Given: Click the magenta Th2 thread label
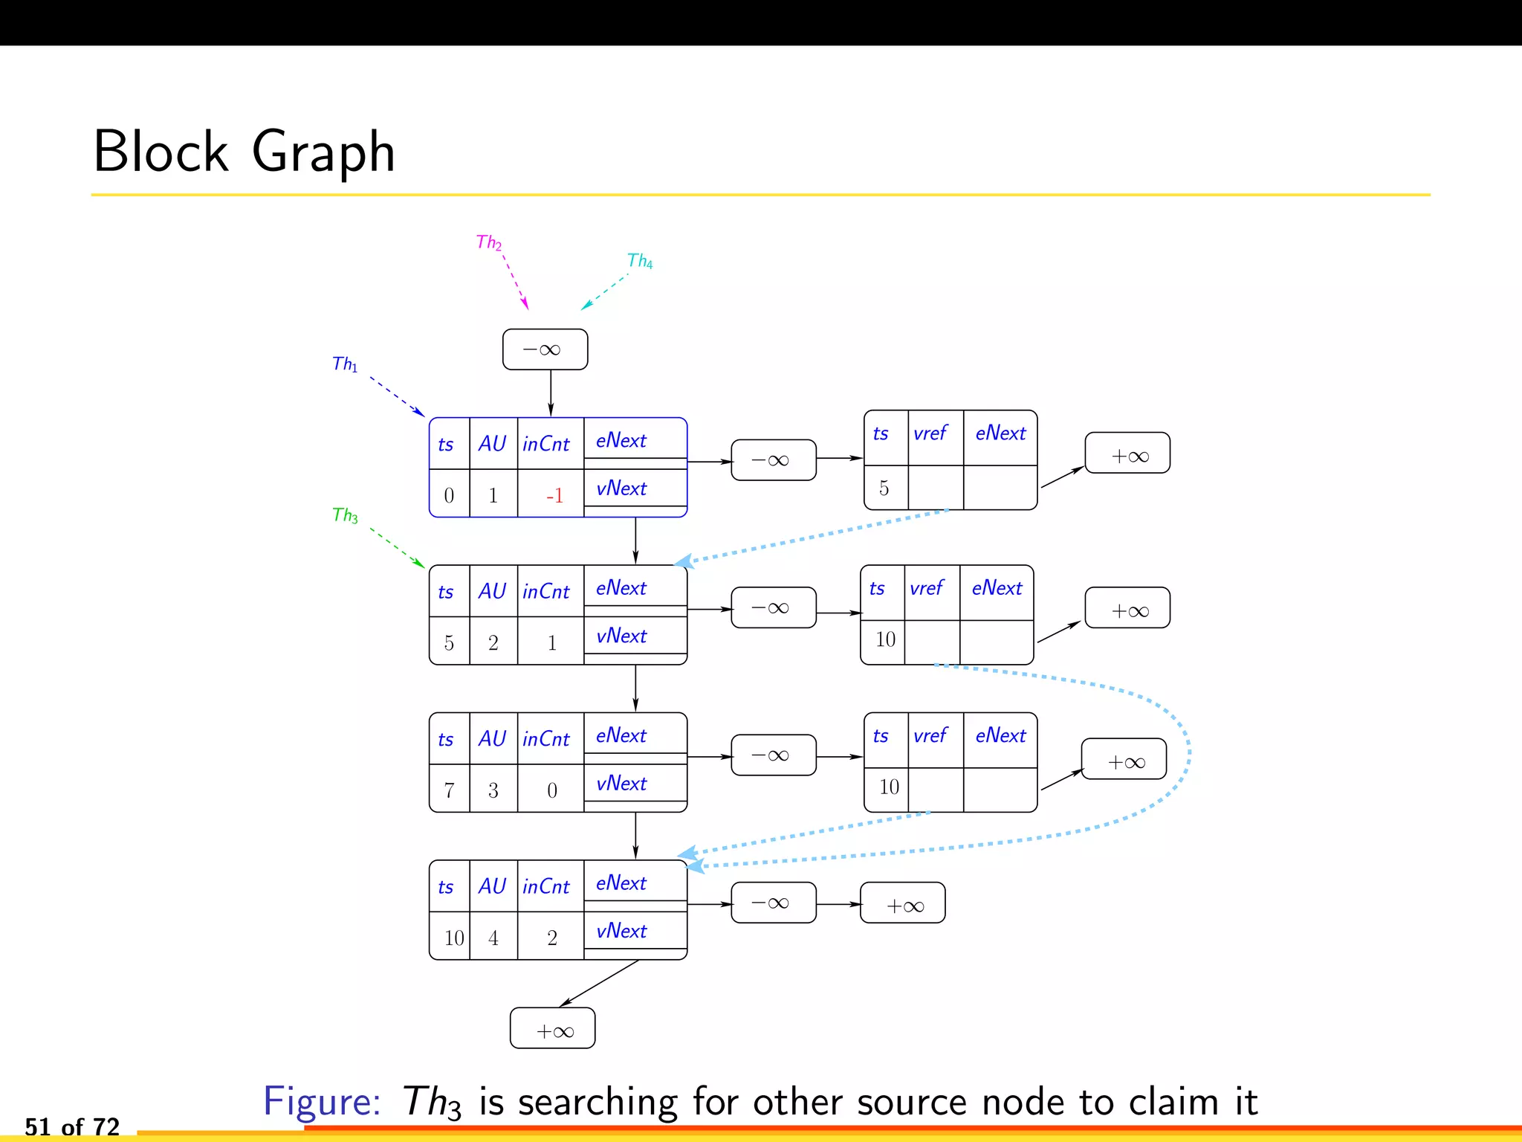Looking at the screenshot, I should point(488,242).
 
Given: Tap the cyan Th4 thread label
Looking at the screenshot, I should point(639,261).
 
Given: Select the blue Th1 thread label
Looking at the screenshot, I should point(344,364).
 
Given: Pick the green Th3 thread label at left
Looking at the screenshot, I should point(345,515).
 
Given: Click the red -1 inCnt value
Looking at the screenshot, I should point(554,495).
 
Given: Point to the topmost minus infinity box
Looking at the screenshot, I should point(545,349).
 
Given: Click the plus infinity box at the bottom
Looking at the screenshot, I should point(552,1029).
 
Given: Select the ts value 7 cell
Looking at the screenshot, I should point(449,790).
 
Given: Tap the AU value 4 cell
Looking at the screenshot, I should point(493,938).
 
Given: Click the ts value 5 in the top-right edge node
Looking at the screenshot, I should point(884,488).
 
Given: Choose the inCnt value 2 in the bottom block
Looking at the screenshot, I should point(551,938).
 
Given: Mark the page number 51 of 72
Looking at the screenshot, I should point(72,1126).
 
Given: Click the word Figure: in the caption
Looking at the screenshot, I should point(322,1101).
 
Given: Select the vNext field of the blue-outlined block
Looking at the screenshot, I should point(621,488).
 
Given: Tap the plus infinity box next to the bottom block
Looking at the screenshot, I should point(902,903).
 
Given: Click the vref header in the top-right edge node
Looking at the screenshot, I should point(930,433).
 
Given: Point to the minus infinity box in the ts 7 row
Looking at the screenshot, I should point(773,755).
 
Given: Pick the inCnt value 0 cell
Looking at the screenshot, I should point(551,790).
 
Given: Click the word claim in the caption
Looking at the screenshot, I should point(1173,1101).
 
